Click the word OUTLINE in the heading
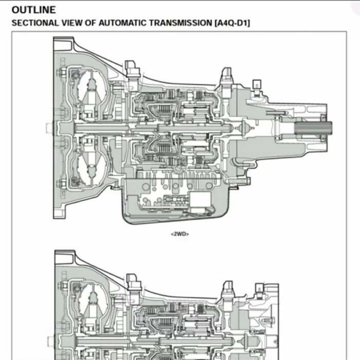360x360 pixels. pos(34,10)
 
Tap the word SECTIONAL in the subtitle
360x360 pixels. pos(32,23)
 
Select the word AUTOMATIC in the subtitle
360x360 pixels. pos(101,23)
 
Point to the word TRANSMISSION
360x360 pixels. pos(166,23)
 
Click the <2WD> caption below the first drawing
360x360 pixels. pos(179,234)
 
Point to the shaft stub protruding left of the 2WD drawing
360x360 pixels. pos(49,127)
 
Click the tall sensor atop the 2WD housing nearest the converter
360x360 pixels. pos(132,69)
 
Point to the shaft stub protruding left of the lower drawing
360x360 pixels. pos(50,340)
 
